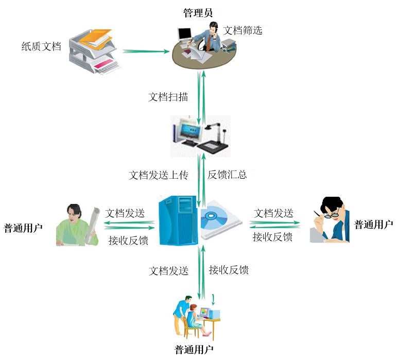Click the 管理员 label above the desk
(198, 12)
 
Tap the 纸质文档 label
(41, 47)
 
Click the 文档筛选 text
(243, 30)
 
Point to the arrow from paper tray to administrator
(146, 51)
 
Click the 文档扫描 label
(168, 96)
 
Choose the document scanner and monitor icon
(201, 135)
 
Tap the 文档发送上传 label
(159, 175)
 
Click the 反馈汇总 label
(227, 175)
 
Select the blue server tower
(178, 220)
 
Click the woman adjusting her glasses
(331, 219)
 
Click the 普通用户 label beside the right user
(373, 225)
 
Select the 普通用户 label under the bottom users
(194, 351)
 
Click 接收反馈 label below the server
(229, 269)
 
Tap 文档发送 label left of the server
(125, 213)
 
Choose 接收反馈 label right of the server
(273, 237)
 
